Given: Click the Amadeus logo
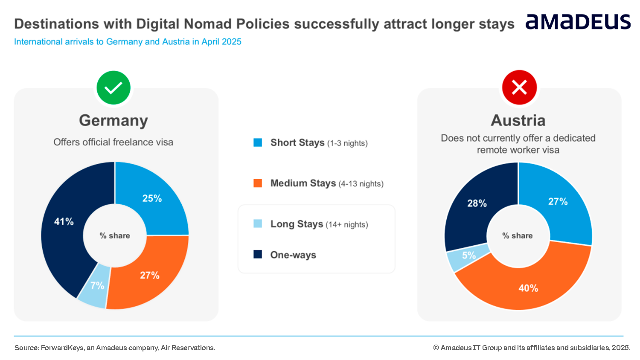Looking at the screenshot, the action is pyautogui.click(x=578, y=22).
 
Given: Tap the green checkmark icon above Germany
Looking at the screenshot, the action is pyautogui.click(x=113, y=88).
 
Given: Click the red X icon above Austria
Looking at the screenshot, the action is pyautogui.click(x=519, y=87).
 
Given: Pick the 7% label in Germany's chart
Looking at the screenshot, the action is pyautogui.click(x=97, y=285).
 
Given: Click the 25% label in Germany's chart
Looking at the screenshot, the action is pyautogui.click(x=152, y=198).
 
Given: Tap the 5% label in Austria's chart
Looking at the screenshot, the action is pyautogui.click(x=469, y=255).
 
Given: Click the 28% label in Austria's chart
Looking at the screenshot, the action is pyautogui.click(x=477, y=203).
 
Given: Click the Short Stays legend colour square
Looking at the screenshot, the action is pyautogui.click(x=258, y=142).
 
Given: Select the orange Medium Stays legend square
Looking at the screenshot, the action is pyautogui.click(x=258, y=183).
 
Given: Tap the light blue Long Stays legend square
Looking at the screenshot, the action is pyautogui.click(x=258, y=224).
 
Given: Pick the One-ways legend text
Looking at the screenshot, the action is pyautogui.click(x=293, y=255).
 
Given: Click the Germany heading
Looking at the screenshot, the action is pyautogui.click(x=113, y=121).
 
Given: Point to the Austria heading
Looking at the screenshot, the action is pyautogui.click(x=518, y=120).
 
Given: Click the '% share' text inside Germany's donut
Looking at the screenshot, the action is pyautogui.click(x=115, y=235).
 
